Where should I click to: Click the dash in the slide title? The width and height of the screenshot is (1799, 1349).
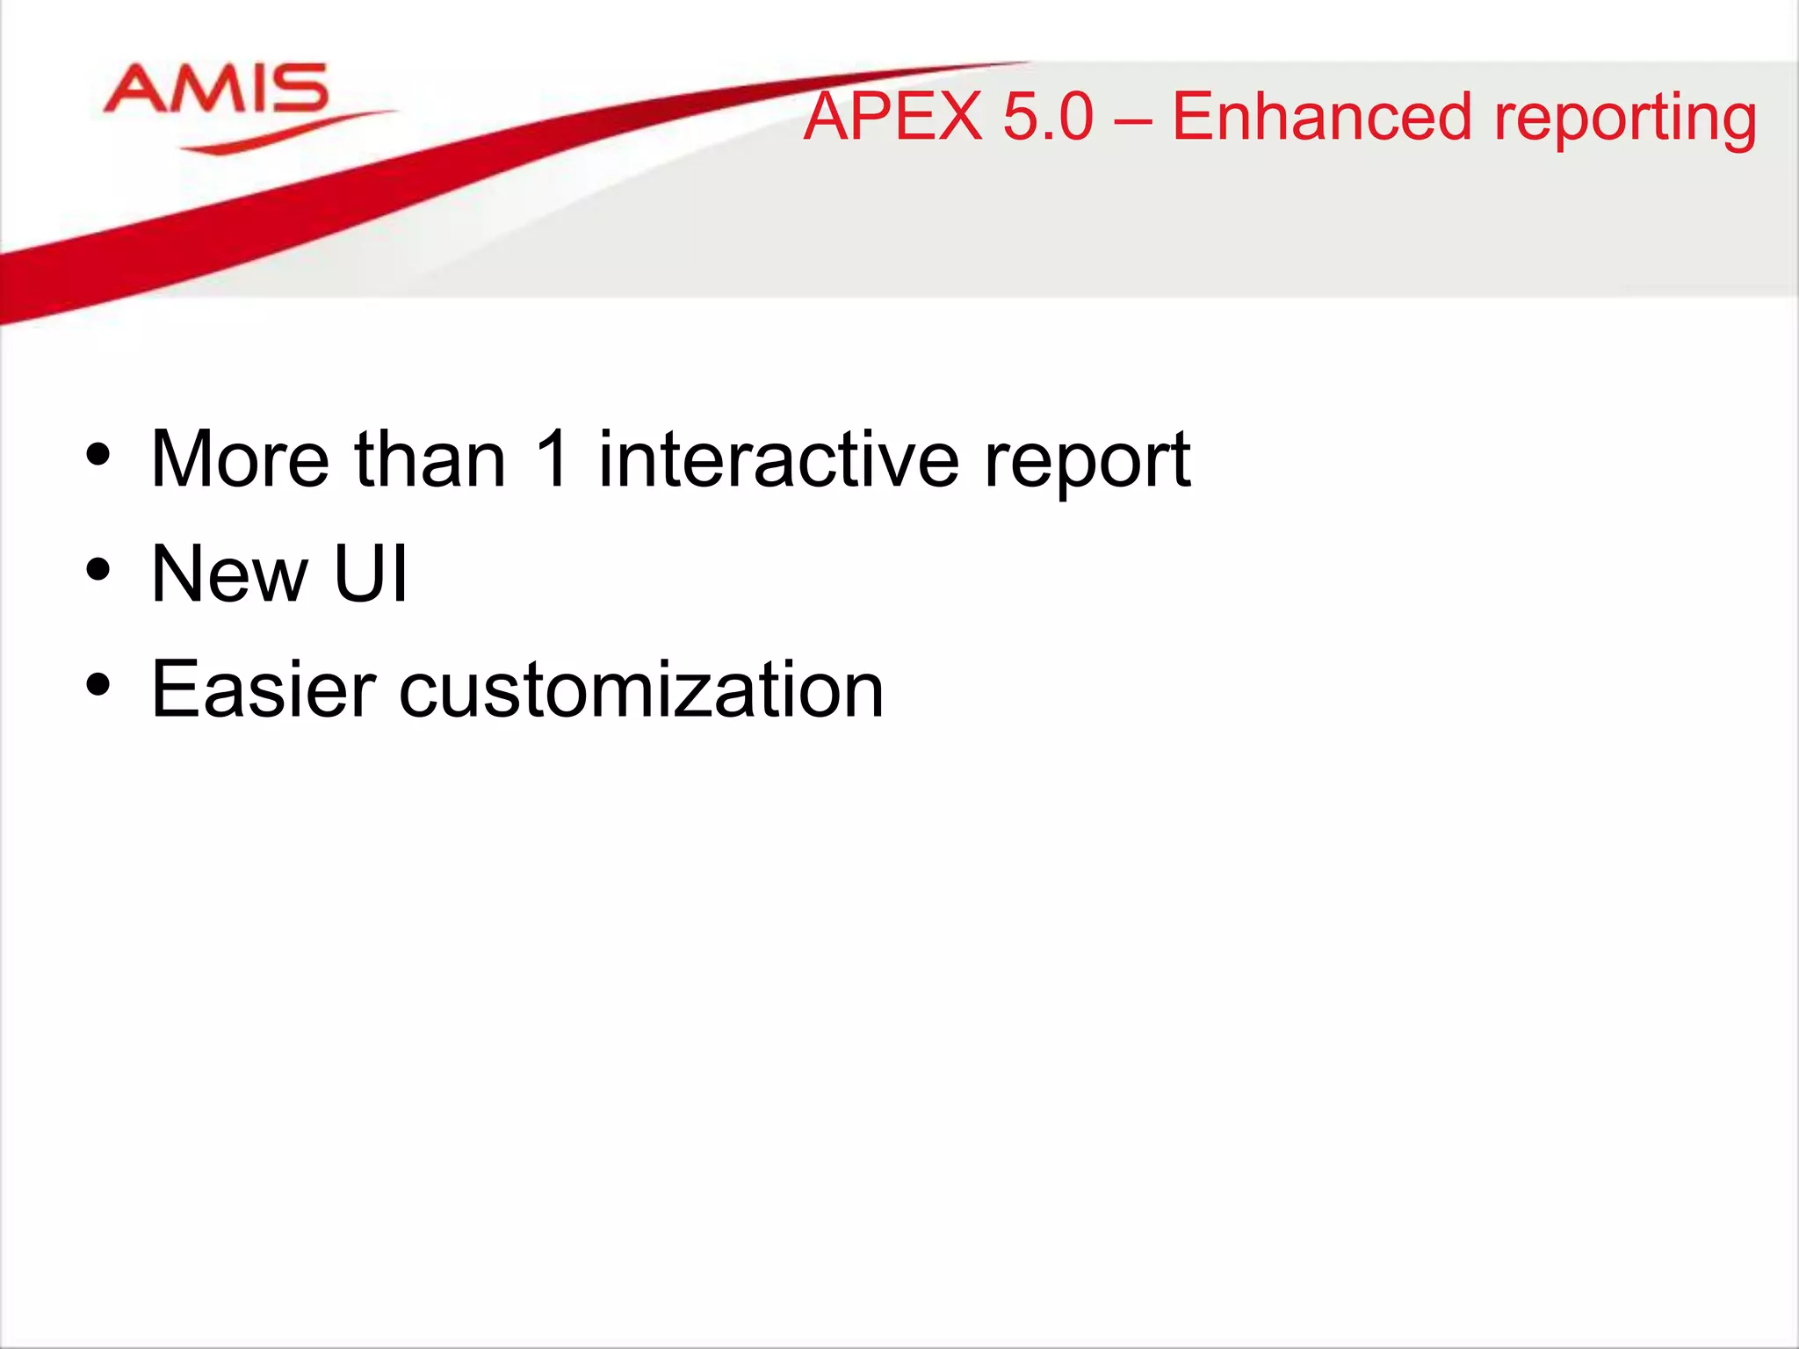(1133, 119)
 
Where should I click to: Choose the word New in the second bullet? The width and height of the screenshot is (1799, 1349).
(229, 574)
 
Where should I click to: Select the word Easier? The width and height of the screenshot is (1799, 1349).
(264, 690)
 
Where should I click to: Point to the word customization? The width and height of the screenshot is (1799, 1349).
(641, 690)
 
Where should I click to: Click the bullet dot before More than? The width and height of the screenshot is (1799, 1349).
(98, 455)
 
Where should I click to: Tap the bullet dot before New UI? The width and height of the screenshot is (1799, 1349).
(98, 570)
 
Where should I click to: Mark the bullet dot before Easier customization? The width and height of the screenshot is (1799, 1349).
(98, 685)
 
